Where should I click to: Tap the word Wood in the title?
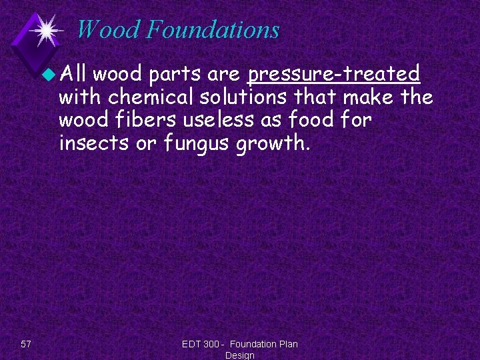click(109, 30)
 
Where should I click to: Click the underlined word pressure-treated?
click(333, 73)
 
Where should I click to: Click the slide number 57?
click(26, 344)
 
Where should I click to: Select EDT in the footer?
click(192, 344)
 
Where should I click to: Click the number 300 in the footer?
click(214, 344)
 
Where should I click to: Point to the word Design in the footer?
click(240, 355)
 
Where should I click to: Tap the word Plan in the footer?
click(287, 344)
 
